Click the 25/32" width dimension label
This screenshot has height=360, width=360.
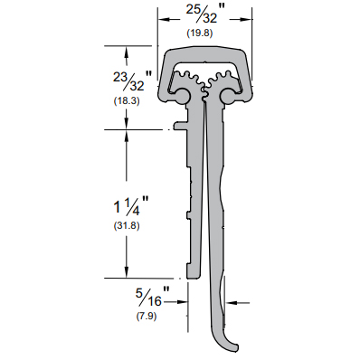[205, 14]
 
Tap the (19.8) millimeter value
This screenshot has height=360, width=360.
[200, 33]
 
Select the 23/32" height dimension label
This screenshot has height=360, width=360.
[133, 81]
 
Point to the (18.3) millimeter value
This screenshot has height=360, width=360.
[127, 100]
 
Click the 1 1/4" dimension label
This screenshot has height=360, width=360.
[131, 205]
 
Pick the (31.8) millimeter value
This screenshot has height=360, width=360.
[127, 225]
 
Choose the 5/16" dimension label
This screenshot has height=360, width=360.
[152, 297]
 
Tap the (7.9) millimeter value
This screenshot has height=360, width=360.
[147, 317]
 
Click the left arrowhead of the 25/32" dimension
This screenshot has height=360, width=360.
[165, 20]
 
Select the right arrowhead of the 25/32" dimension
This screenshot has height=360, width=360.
[246, 20]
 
